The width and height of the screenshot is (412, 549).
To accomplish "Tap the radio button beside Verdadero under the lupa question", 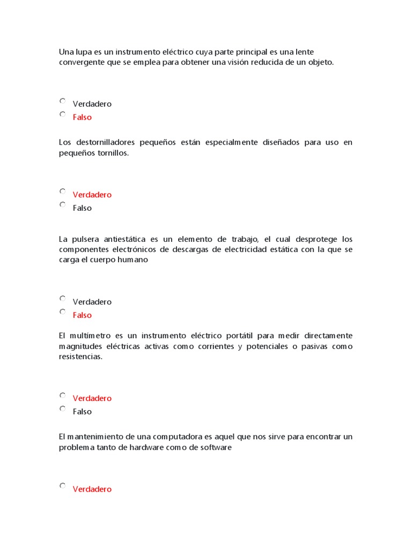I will tap(63, 101).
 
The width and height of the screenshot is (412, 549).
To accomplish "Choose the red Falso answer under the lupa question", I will tap(82, 117).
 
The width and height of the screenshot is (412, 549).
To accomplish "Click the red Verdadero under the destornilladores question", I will tap(92, 195).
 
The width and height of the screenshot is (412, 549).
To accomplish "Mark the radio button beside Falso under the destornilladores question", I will tap(63, 205).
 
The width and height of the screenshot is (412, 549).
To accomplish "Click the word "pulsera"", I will tap(83, 239).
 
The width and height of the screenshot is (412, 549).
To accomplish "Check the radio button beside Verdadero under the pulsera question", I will tap(63, 299).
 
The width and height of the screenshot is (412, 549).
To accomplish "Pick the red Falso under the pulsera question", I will tap(82, 315).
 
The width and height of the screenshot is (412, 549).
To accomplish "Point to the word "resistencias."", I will tap(80, 357).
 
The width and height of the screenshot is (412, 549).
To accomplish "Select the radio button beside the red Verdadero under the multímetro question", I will tap(63, 395).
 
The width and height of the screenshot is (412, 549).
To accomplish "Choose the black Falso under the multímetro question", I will tap(82, 412).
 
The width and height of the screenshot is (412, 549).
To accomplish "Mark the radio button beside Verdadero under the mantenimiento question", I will tap(63, 486).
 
